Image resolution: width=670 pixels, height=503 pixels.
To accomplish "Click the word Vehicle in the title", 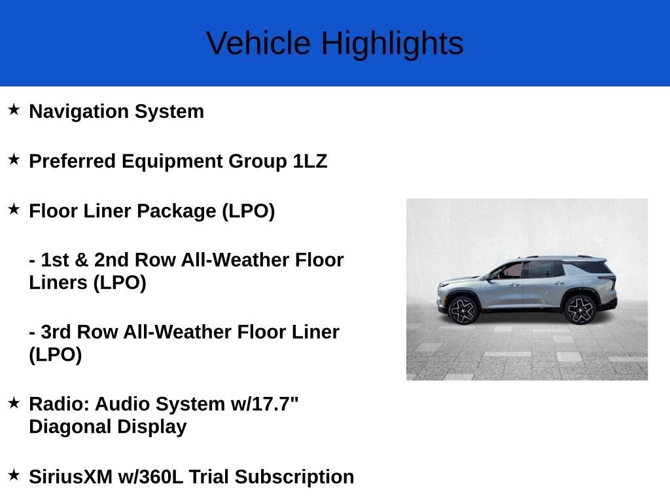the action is tap(258, 43).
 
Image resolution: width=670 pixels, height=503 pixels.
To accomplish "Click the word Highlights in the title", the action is tap(393, 44).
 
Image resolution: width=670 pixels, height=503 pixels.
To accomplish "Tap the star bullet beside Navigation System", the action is tap(14, 109).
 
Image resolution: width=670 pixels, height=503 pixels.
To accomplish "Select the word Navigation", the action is tap(79, 111).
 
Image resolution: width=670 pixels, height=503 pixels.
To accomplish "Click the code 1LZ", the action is tap(309, 161).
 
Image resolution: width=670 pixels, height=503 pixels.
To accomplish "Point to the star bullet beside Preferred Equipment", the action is tap(14, 160).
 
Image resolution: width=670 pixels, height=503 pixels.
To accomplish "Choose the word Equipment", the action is tap(172, 162).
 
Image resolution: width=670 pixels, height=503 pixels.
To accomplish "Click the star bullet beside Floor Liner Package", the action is tap(14, 209).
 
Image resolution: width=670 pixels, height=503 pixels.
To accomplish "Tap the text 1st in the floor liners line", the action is tap(55, 260).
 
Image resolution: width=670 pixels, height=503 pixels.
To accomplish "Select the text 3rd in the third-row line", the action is tap(56, 332).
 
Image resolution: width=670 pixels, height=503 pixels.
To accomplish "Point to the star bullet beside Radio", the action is tap(14, 403).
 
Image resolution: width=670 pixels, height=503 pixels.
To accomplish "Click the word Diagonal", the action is tap(70, 427).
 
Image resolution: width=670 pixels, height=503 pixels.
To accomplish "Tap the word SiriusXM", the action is tap(71, 477).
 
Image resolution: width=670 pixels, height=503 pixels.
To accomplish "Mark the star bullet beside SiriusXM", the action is tap(14, 475).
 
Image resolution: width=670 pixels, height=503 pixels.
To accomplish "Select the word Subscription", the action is tap(294, 477).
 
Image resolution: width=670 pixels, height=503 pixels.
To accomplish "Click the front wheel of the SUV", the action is tap(463, 310).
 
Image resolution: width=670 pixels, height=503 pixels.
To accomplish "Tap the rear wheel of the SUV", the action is tap(580, 310).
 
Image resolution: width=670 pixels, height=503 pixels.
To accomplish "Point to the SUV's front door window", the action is tap(509, 271).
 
